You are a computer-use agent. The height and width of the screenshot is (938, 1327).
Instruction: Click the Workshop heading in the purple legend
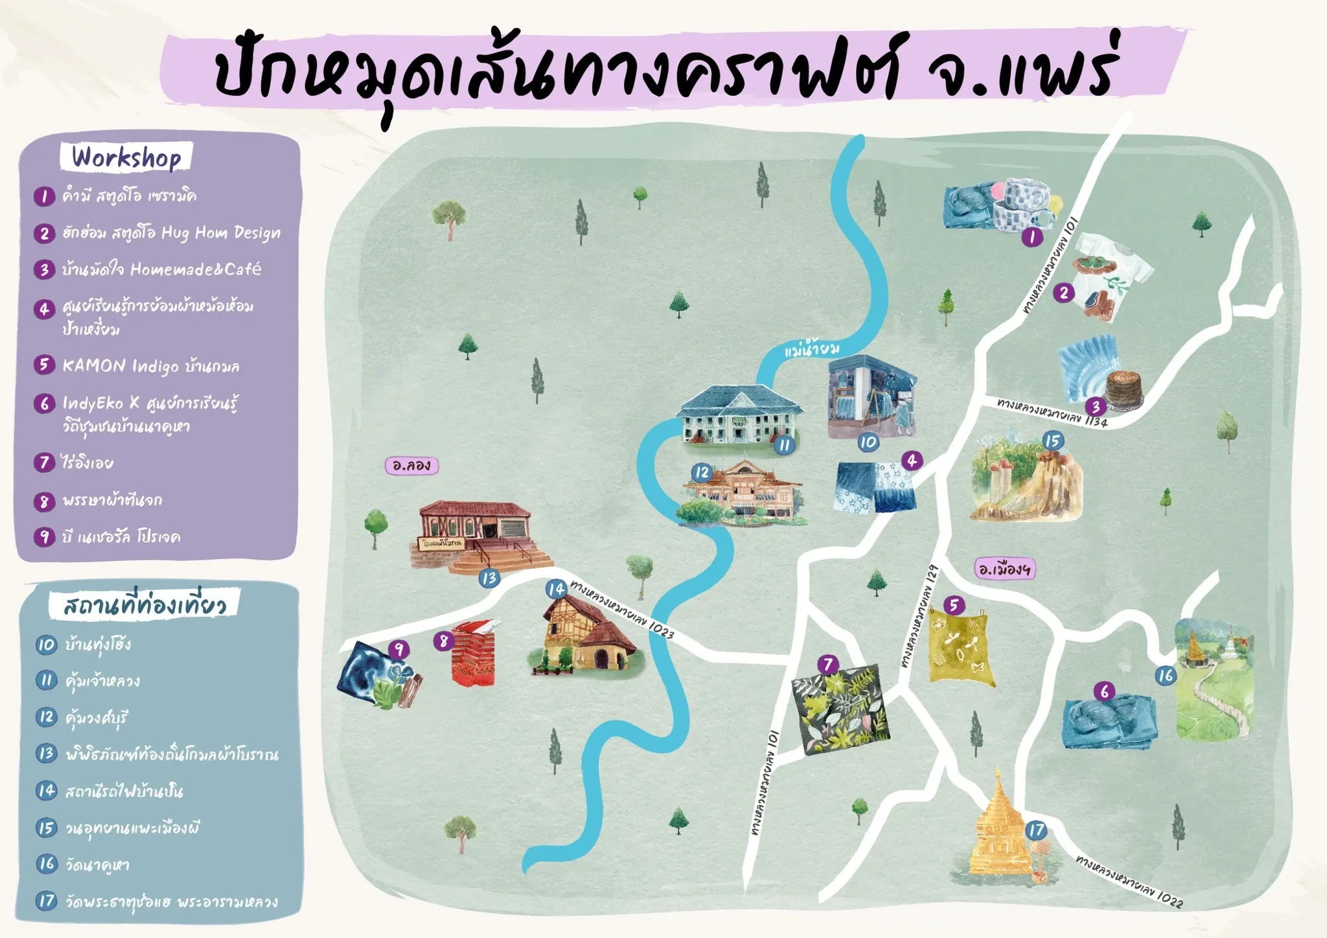click(126, 157)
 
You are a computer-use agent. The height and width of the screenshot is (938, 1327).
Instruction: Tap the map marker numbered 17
click(1036, 830)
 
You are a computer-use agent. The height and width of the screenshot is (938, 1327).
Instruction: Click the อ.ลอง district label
click(411, 465)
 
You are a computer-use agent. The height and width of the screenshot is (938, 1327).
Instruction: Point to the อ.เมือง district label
click(1004, 569)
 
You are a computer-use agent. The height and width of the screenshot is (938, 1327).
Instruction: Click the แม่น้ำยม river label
click(811, 350)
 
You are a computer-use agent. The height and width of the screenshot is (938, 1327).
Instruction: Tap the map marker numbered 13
click(489, 578)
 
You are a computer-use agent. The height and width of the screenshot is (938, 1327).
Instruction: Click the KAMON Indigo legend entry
click(151, 366)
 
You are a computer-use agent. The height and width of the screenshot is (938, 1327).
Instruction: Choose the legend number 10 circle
click(46, 645)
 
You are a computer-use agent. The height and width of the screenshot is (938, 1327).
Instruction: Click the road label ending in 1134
click(1052, 413)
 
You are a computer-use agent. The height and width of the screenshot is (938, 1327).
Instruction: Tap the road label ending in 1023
click(622, 609)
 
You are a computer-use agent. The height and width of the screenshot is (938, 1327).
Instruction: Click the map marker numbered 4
click(912, 461)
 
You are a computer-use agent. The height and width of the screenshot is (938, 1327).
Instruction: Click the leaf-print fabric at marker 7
click(840, 710)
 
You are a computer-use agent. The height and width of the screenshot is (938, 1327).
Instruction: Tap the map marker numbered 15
click(1053, 441)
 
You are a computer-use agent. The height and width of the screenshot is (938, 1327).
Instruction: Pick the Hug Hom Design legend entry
click(172, 233)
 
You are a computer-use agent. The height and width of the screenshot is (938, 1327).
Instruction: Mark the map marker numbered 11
click(785, 445)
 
